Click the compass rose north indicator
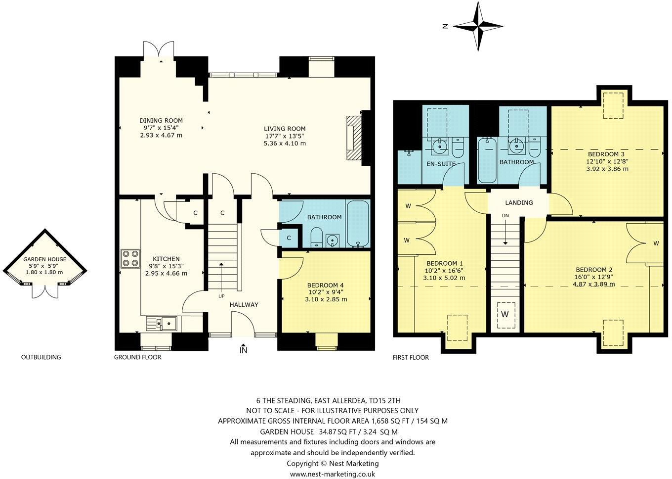click(x=478, y=26)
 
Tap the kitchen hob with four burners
click(x=130, y=259)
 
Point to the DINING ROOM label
click(x=161, y=120)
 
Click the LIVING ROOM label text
click(x=285, y=129)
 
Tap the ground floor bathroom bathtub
click(x=357, y=224)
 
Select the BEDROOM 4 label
click(x=325, y=286)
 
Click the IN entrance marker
click(x=243, y=350)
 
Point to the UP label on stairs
click(x=221, y=296)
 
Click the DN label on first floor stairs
click(x=505, y=216)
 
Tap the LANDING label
click(x=519, y=202)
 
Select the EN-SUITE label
click(x=441, y=163)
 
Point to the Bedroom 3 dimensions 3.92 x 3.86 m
click(x=607, y=169)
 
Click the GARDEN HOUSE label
click(x=44, y=259)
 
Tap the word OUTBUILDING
click(x=41, y=357)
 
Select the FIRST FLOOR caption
click(x=411, y=357)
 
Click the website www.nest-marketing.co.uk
click(x=333, y=474)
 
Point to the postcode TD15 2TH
click(x=391, y=400)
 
